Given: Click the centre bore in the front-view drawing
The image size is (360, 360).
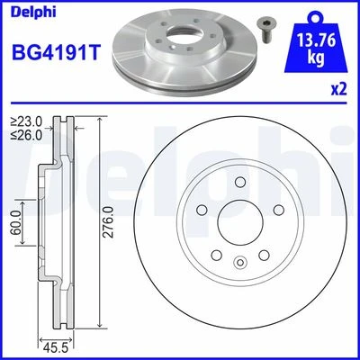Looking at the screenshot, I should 239,222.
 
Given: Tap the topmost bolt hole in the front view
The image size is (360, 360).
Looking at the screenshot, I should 239,183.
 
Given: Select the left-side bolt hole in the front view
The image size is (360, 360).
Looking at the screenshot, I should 202,211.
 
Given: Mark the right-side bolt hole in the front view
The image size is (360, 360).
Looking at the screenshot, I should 277,211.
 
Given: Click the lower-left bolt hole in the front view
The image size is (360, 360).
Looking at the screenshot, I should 216,255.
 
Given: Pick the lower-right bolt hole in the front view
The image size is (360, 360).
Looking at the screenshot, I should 263,255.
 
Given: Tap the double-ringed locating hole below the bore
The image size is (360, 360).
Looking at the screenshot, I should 239,262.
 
